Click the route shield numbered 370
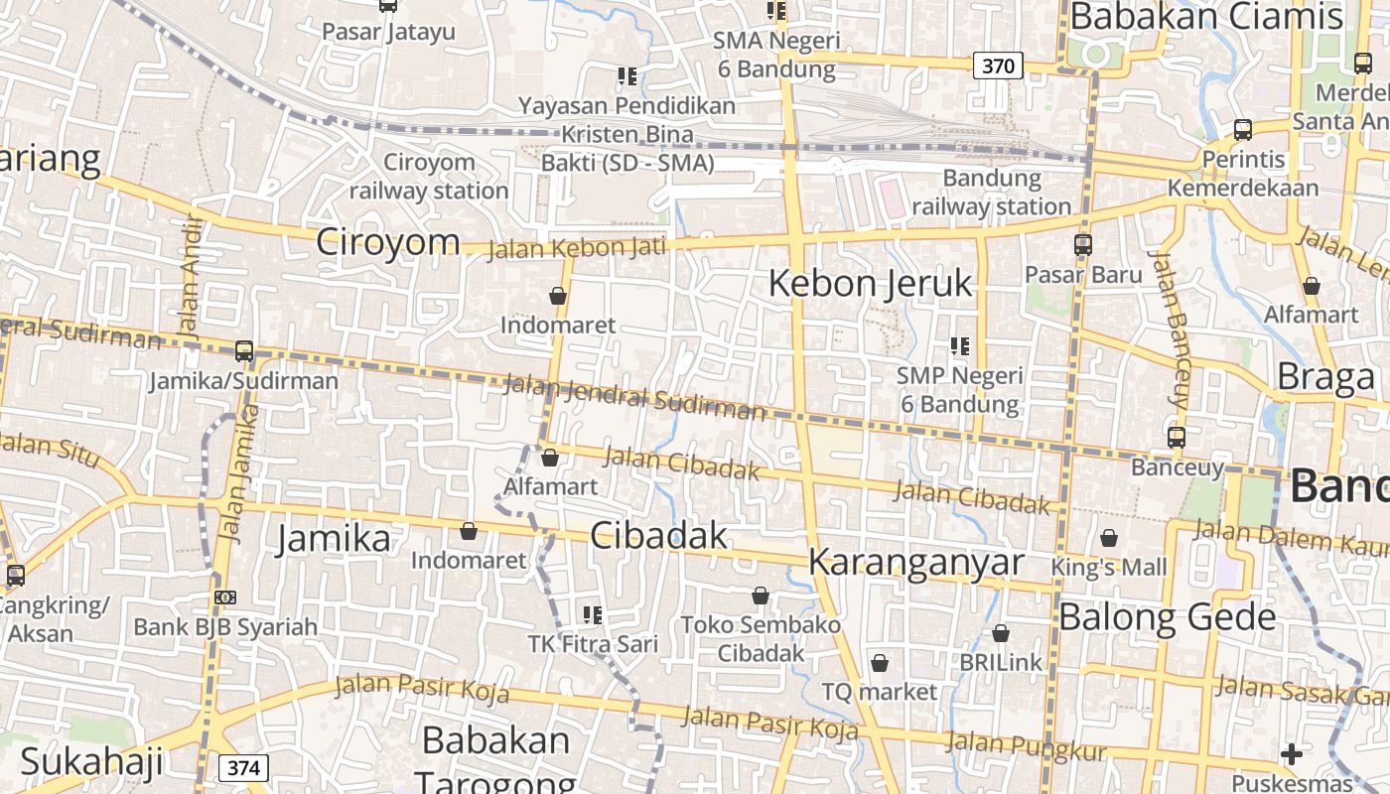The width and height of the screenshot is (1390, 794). pyautogui.click(x=998, y=66)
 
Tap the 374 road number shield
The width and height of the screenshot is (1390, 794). pyautogui.click(x=243, y=767)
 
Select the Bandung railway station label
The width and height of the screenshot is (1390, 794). pyautogui.click(x=991, y=193)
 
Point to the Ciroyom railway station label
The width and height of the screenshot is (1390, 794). pyautogui.click(x=429, y=176)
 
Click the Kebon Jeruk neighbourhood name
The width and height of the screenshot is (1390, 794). pyautogui.click(x=871, y=284)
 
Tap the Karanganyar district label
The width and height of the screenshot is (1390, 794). pyautogui.click(x=915, y=562)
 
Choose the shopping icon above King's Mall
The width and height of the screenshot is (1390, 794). pyautogui.click(x=1109, y=538)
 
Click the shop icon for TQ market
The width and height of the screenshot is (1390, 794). pyautogui.click(x=879, y=663)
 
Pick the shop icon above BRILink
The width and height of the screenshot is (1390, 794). pyautogui.click(x=1001, y=633)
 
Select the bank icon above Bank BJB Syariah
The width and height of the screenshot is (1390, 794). pyautogui.click(x=225, y=597)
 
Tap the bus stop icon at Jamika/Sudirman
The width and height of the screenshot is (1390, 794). pyautogui.click(x=244, y=351)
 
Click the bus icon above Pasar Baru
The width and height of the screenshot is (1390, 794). pyautogui.click(x=1083, y=244)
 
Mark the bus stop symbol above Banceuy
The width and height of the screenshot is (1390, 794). pyautogui.click(x=1177, y=437)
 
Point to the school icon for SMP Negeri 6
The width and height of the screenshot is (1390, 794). pyautogui.click(x=959, y=346)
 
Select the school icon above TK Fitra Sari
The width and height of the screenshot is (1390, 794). pyautogui.click(x=593, y=614)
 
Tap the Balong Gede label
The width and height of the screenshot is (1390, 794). pyautogui.click(x=1167, y=617)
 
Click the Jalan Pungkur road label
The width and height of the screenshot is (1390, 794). pyautogui.click(x=1026, y=744)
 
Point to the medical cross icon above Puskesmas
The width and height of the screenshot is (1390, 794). pyautogui.click(x=1291, y=754)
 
